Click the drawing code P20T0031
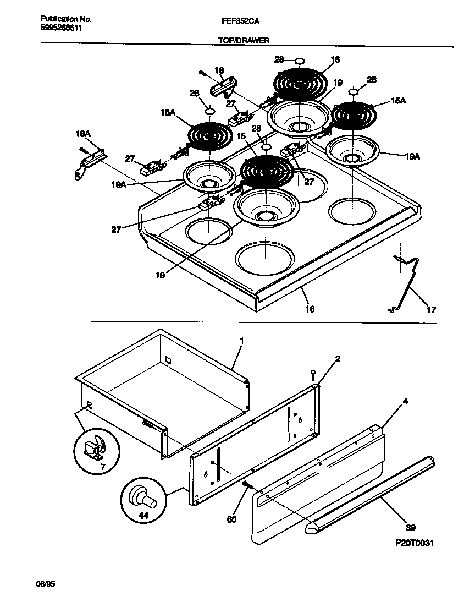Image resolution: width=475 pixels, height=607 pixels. (x=415, y=543)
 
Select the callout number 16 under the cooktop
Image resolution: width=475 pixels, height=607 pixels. (x=310, y=309)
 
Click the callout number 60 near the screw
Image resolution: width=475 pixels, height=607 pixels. (x=231, y=519)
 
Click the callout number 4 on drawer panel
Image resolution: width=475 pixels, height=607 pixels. (x=405, y=401)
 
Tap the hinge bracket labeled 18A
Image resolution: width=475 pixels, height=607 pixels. (x=88, y=162)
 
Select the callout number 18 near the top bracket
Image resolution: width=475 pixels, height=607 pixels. (x=219, y=70)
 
